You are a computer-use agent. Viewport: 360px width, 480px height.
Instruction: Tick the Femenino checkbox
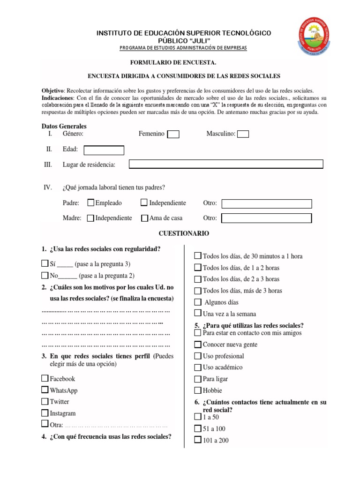[173, 135]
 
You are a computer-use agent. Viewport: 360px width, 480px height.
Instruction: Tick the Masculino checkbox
[243, 135]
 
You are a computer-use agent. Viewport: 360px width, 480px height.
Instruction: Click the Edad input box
[104, 150]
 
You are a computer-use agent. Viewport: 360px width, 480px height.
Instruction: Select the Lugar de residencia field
[226, 164]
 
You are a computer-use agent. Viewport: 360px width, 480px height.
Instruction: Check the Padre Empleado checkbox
[91, 203]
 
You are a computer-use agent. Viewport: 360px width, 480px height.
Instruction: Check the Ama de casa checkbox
[145, 218]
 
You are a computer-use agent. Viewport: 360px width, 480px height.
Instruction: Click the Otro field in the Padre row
[266, 203]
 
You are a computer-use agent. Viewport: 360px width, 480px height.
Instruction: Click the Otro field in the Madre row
[266, 218]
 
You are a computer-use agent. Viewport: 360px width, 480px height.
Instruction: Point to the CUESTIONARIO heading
[184, 233]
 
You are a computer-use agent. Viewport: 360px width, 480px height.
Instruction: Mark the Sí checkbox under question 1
[45, 263]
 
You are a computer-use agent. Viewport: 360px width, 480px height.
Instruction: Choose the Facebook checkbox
[45, 378]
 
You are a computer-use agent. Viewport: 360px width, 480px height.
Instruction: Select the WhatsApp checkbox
[45, 390]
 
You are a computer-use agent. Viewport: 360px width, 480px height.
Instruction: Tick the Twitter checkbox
[45, 401]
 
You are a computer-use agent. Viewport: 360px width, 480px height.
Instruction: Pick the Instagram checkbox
[45, 413]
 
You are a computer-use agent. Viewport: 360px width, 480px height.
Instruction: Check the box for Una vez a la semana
[198, 313]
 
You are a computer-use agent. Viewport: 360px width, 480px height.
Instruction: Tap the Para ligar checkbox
[198, 379]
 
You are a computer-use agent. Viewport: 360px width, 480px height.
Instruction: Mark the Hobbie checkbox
[198, 390]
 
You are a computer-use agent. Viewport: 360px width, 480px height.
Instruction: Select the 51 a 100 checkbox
[198, 428]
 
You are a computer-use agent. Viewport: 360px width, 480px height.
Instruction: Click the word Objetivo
[52, 90]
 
